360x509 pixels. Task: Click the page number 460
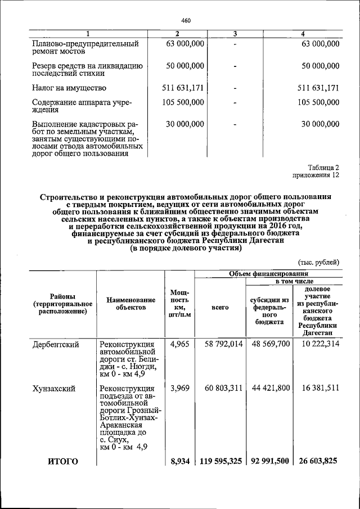tap(187, 21)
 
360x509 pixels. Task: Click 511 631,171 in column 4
tap(318, 88)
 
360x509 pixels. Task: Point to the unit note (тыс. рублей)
tap(318, 262)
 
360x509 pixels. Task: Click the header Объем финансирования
tap(269, 273)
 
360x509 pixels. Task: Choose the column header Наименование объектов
tap(130, 304)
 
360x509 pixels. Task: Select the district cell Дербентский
tap(55, 344)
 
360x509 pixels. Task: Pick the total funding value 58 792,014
tap(220, 344)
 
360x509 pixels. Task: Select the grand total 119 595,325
tap(220, 461)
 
